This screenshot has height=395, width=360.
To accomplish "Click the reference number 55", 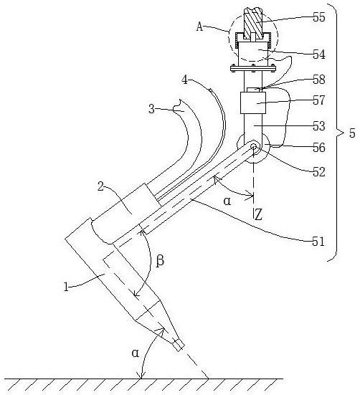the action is point(319,17).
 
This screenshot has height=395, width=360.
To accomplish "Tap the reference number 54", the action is point(319,54).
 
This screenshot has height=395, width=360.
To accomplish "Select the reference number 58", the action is point(319,80).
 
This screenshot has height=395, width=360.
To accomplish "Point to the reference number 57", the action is point(319,100).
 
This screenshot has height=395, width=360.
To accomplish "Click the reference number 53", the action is point(319,125).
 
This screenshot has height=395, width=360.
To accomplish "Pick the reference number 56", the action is point(319,148).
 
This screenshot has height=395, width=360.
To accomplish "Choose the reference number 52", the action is point(319,172).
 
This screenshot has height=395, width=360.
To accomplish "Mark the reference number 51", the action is point(318,242).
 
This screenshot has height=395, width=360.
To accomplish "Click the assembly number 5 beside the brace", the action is point(352,133).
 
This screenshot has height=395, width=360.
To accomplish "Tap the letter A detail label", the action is point(199,27).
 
